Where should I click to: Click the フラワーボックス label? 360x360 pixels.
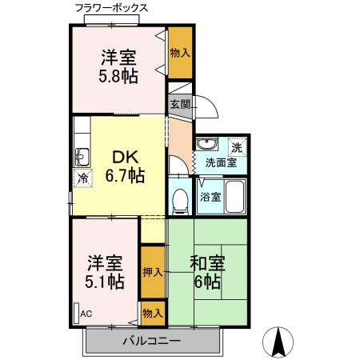(x=111, y=8)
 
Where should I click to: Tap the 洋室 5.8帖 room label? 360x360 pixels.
(x=118, y=66)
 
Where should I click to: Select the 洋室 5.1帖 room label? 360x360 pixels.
(x=105, y=272)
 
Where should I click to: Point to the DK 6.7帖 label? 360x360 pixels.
(x=125, y=166)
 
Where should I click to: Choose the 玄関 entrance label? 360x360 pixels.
(x=180, y=104)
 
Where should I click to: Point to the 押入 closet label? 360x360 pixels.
(x=152, y=272)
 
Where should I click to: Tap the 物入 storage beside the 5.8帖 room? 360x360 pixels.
(x=180, y=53)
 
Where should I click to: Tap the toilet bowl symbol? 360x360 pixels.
(x=181, y=197)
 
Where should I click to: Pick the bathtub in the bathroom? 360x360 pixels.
(x=234, y=197)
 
